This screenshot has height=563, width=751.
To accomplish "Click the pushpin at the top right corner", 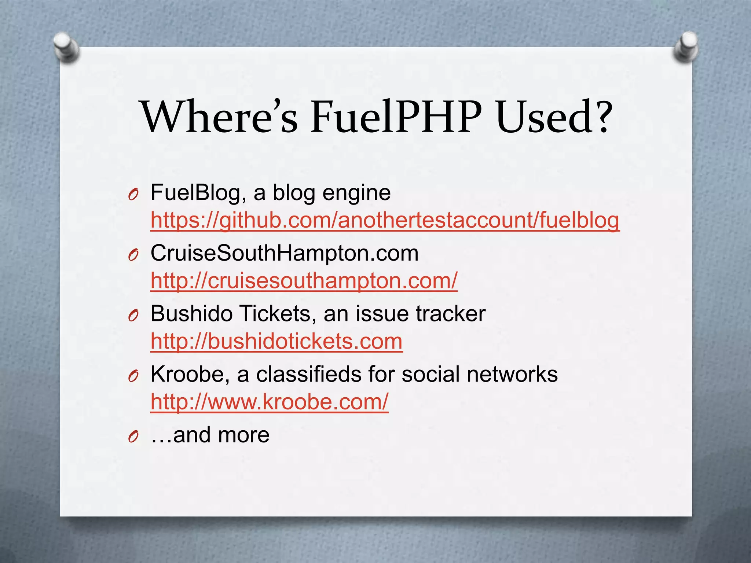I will tap(685, 47).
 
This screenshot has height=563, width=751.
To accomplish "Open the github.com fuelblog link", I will tap(385, 221).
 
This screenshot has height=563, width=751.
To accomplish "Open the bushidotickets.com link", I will tap(276, 342).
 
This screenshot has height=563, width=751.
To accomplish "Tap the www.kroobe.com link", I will tap(269, 402).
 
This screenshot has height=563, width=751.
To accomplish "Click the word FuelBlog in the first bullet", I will tap(195, 193).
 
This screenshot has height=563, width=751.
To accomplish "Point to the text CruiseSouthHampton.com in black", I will tap(284, 253).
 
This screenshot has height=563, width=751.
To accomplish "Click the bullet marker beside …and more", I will tap(133, 437).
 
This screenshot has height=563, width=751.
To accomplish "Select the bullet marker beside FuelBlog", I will tap(133, 194).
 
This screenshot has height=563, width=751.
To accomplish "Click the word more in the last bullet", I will tap(243, 435).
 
